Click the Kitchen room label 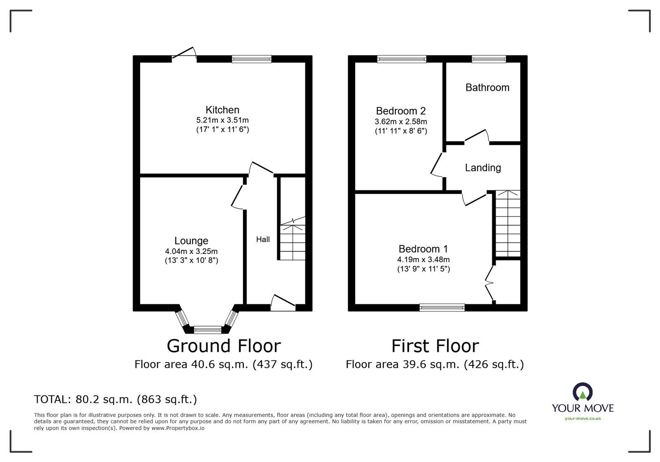point(222,110)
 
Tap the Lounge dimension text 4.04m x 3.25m point(191,251)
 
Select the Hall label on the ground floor point(263,239)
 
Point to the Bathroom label point(487,88)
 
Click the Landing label point(483,168)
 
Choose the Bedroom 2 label point(401,111)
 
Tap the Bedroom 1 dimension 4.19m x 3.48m point(423,260)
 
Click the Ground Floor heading point(224,346)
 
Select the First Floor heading point(435,346)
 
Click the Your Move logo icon point(582,391)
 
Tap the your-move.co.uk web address point(583,418)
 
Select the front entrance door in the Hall point(283,303)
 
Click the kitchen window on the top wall point(251,59)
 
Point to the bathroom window point(489,59)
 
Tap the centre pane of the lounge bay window point(207,329)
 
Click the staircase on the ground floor point(292,238)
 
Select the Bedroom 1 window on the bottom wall point(442,308)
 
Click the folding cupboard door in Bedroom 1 point(490,284)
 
